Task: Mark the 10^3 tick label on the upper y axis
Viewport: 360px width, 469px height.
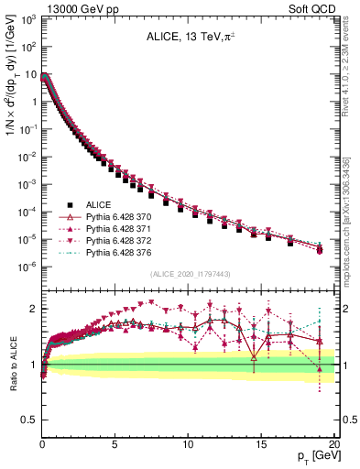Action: click(x=28, y=18)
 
